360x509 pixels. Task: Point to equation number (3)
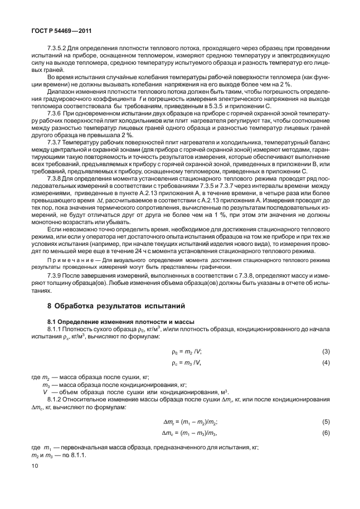(325, 351)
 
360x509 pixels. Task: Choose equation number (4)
(325, 363)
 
